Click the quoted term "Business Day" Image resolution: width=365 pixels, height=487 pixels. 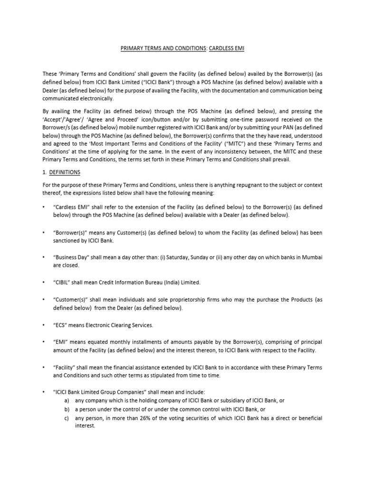click(73, 257)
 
